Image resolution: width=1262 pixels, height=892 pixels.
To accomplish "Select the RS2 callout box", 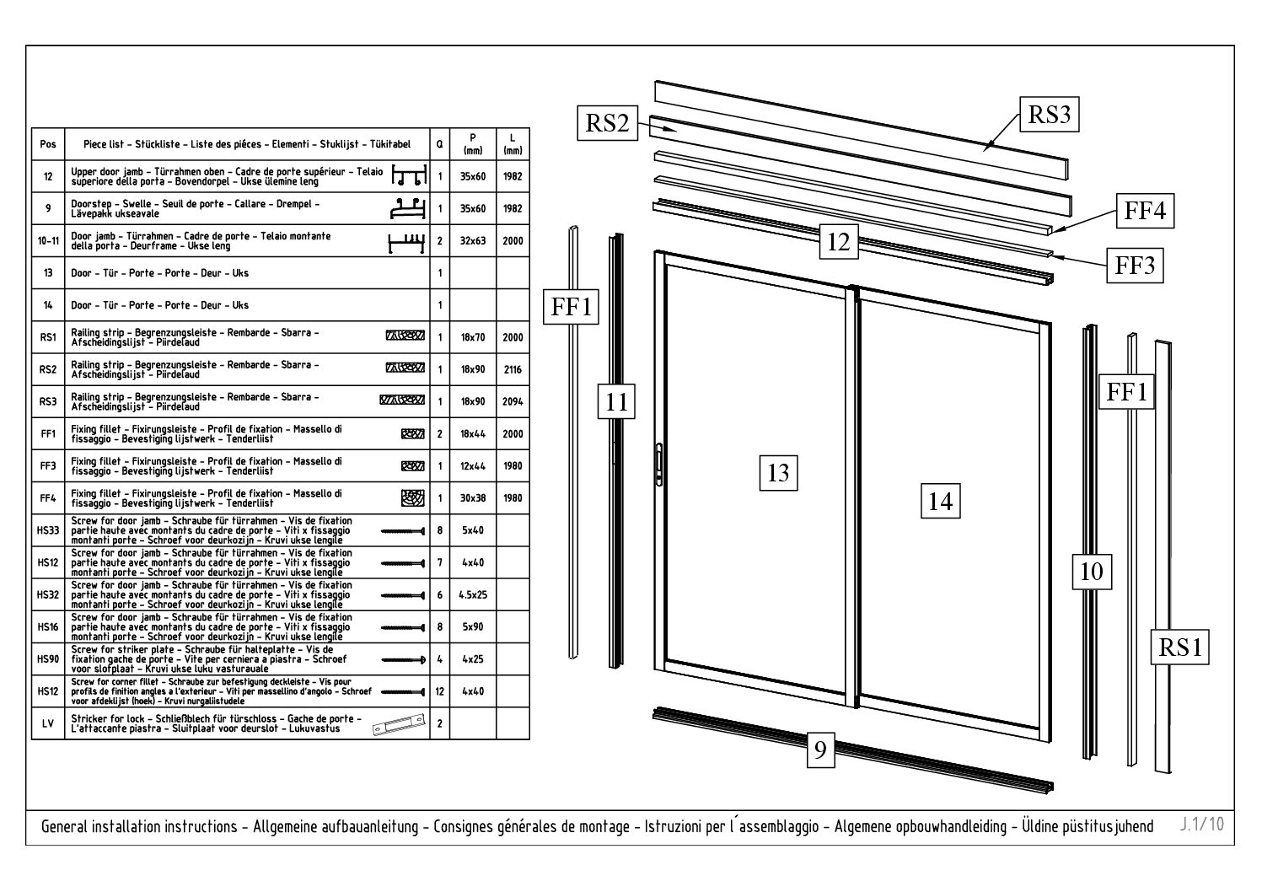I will coord(608,123).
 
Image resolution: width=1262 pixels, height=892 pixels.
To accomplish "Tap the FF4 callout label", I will coord(1145,211).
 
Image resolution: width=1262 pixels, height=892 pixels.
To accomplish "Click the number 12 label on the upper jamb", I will coord(838,242).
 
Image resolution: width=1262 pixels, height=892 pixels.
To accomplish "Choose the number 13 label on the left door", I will coord(778,473).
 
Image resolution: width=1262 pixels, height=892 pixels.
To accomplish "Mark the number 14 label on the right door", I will coord(940,502).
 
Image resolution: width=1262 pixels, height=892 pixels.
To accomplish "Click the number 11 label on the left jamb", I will coord(617,401).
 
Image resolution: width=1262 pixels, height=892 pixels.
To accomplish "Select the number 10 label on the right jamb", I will coord(1091,572).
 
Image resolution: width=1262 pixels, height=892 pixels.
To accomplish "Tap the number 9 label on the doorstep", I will coord(819,750).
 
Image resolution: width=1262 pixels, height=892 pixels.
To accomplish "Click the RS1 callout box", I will coord(1179,648).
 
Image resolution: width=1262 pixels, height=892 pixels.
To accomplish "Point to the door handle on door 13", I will coord(658,463).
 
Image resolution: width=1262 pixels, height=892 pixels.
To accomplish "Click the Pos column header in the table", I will coord(47,144).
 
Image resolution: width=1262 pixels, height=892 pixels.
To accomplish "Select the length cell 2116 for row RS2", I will coord(512,369).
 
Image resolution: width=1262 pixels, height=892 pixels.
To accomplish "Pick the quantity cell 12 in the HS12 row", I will coord(439,691).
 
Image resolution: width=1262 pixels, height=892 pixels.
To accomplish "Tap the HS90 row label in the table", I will coord(47,659).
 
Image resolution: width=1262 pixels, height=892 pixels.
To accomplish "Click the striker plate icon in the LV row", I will coord(396,724).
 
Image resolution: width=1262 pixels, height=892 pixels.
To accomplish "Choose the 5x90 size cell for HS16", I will coord(472,627).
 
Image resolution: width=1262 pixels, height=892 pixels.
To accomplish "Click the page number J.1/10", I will coord(1201,824).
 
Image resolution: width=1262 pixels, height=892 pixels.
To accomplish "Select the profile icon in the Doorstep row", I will coord(408,207).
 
